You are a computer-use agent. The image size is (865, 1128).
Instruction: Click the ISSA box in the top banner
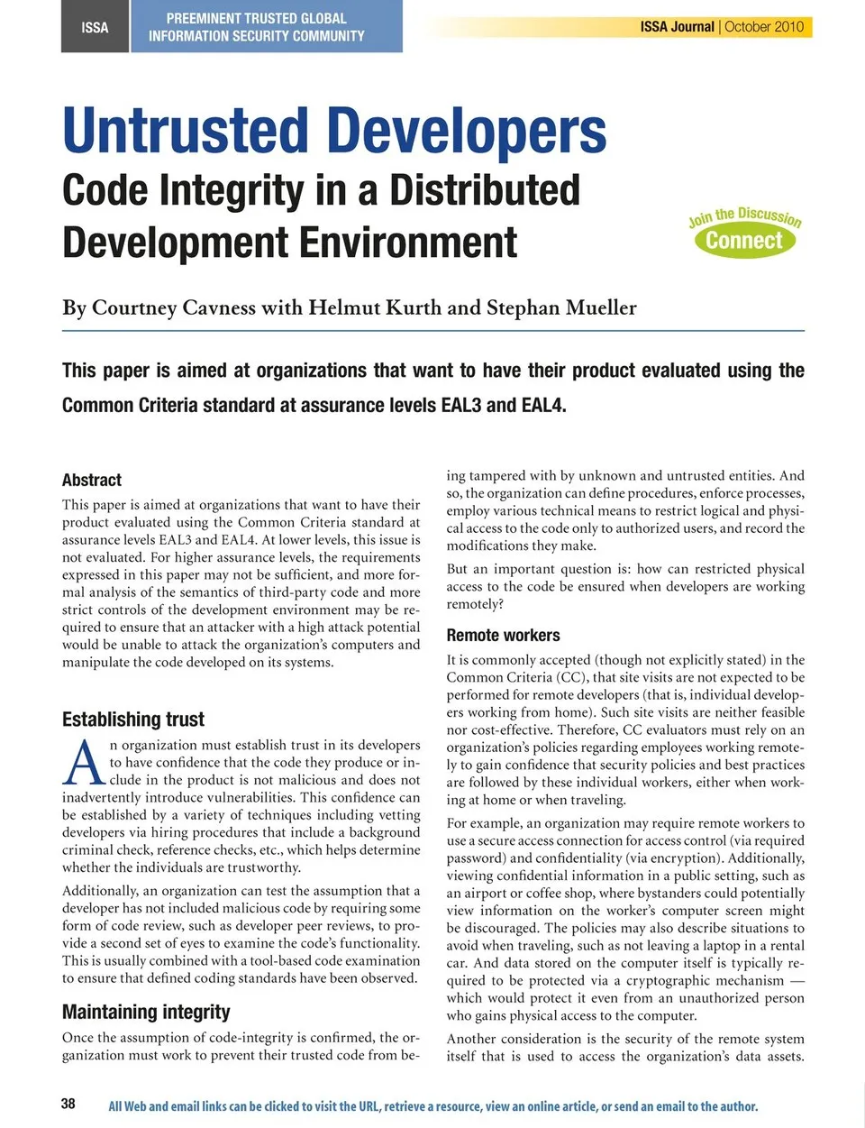tap(95, 27)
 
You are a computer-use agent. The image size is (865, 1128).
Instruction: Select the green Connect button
tap(743, 241)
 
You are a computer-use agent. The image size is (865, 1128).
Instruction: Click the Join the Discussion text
tap(744, 216)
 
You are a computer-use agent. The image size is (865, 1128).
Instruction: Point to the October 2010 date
tap(764, 27)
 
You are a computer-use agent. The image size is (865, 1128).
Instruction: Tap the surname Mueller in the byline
tap(601, 308)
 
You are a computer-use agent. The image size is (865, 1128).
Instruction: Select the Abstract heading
tap(92, 480)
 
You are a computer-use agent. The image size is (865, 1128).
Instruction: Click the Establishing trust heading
tap(133, 720)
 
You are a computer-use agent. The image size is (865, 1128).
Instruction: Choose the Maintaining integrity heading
tap(146, 1012)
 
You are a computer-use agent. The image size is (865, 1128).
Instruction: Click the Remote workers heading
tap(503, 636)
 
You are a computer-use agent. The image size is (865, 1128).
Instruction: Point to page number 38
tap(68, 1104)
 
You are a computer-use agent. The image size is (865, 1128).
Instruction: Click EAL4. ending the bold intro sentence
tap(543, 406)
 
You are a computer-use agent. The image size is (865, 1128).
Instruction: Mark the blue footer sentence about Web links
tap(432, 1106)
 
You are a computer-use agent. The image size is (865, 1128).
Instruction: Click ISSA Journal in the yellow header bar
tap(677, 27)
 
